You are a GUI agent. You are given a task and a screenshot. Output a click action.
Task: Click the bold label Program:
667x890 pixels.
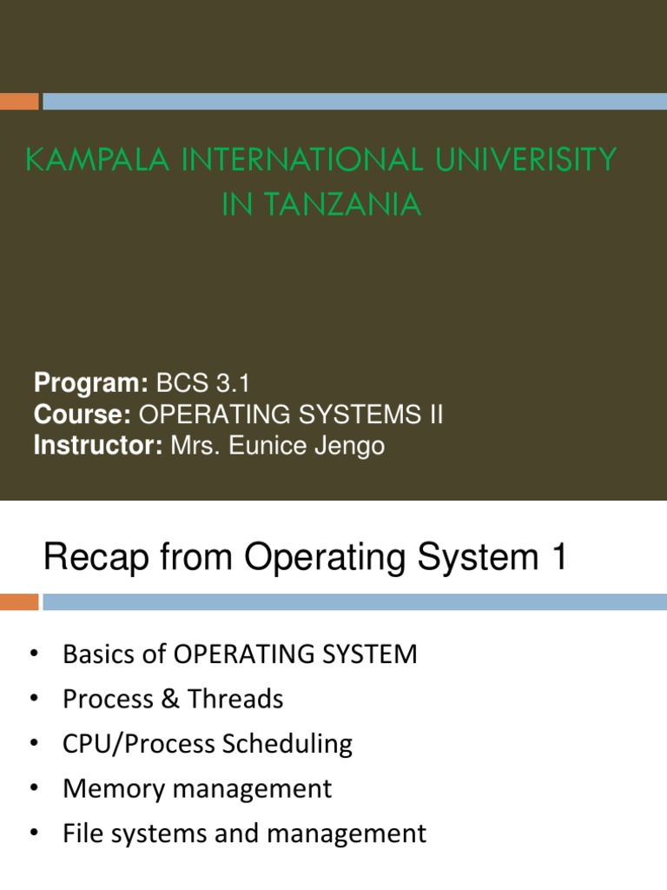click(90, 382)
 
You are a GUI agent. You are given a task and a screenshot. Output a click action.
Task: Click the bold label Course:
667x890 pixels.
click(83, 415)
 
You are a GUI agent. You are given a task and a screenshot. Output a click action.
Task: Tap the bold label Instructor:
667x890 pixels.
click(98, 447)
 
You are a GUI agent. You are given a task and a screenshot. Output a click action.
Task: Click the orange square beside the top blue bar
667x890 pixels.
click(19, 102)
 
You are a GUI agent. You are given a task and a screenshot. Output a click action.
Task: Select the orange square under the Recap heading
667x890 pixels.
click(19, 601)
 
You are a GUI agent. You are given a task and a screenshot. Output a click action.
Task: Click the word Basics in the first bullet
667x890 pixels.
click(97, 654)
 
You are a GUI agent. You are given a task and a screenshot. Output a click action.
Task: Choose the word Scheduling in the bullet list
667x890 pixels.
click(288, 744)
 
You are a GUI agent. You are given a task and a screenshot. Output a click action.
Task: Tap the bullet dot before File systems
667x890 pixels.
click(34, 834)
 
